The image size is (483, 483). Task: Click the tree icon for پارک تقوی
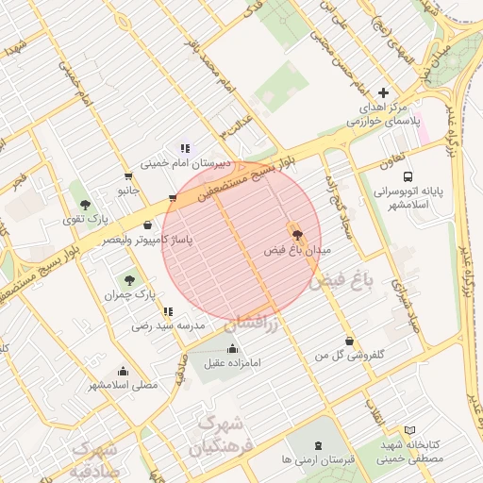pos(86,204)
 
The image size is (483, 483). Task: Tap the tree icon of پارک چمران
pos(129,279)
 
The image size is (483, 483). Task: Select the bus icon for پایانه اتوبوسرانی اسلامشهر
pos(408,176)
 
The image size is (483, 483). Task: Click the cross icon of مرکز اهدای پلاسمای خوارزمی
pos(382,92)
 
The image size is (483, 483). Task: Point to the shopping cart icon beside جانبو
pos(128,175)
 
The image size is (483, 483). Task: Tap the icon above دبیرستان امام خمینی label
pos(185,148)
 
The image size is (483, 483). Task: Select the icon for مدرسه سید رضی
pos(168,311)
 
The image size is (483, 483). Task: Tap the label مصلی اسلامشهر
pos(124,385)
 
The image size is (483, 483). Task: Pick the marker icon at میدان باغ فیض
pos(294,232)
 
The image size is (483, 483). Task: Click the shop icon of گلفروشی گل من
pos(350,341)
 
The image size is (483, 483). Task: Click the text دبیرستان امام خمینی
pos(184,162)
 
